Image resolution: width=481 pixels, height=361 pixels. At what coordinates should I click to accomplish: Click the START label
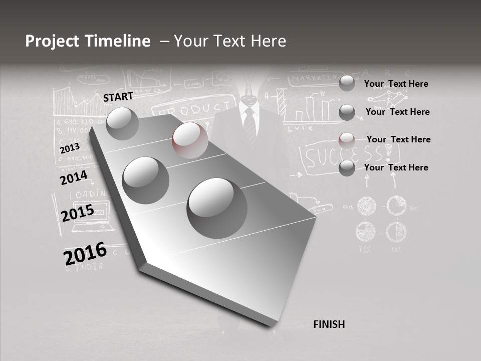tap(118, 97)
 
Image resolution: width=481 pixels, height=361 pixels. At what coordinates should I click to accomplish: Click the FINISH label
tap(329, 324)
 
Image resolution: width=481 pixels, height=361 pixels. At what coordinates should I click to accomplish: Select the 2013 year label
tap(70, 148)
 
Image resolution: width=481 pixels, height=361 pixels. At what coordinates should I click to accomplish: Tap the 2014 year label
tap(74, 178)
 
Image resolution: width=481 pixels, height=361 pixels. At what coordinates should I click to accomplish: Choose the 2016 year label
tap(85, 254)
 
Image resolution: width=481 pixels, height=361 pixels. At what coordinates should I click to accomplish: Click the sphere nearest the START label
tap(122, 123)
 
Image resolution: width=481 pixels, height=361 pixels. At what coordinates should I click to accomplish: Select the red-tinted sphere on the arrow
tap(190, 140)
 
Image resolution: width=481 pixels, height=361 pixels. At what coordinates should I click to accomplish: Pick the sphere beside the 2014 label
tap(146, 180)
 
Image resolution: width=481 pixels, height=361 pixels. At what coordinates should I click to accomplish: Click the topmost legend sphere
tap(347, 84)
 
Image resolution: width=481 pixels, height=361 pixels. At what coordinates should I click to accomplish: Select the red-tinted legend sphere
tap(347, 140)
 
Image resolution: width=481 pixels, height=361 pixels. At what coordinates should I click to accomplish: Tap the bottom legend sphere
tap(347, 168)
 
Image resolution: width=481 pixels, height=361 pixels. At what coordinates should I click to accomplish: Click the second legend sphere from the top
tap(347, 112)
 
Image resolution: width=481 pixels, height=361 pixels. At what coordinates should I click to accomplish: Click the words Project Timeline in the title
tap(88, 41)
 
